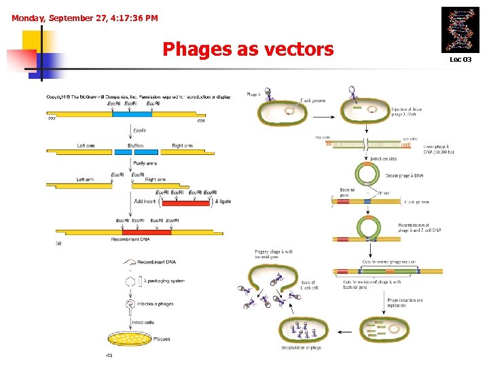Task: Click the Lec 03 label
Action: click(460, 60)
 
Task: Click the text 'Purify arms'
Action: click(145, 163)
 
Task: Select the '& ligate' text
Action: click(222, 202)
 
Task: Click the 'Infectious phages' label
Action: click(156, 304)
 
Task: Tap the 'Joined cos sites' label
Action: click(384, 159)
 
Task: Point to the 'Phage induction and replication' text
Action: click(405, 302)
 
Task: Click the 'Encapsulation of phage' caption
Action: click(301, 347)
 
